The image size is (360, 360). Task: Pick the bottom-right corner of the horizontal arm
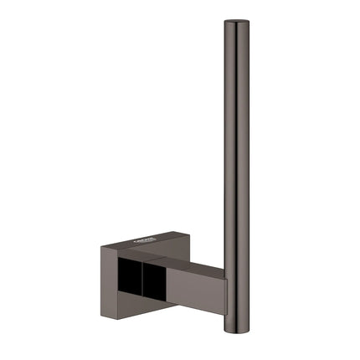pyautogui.click(x=226, y=316)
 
